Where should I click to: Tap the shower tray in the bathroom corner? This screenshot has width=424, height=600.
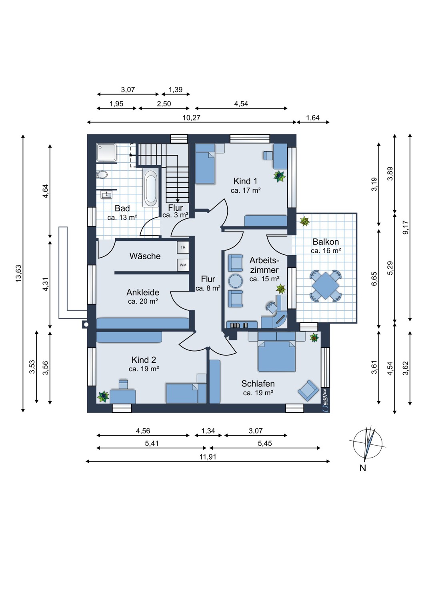pos(107,152)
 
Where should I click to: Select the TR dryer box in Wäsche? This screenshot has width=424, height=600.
pos(183,248)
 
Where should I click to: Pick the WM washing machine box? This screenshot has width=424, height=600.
pos(183,265)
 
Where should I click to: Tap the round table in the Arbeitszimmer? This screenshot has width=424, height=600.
pos(236,281)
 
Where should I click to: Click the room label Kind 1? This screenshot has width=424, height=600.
pos(245,181)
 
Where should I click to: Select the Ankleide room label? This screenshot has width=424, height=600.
pos(143,292)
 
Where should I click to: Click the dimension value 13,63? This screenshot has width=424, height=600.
pos(19,273)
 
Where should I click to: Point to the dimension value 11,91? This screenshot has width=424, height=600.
pos(208,456)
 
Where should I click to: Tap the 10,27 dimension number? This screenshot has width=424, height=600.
pos(192,118)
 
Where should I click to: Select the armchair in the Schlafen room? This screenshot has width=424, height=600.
pos(308,390)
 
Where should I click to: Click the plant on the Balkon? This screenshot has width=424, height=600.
pos(304,221)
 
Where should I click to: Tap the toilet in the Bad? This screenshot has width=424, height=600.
pos(102,175)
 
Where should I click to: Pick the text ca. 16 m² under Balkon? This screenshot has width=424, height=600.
pos(326,251)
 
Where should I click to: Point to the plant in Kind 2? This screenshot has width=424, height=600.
pos(102,396)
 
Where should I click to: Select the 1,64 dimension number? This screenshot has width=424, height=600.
pos(312,118)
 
